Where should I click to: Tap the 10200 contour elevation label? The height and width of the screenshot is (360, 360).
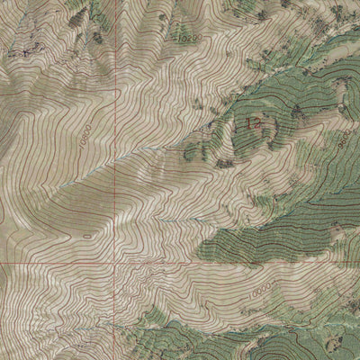point(185,39)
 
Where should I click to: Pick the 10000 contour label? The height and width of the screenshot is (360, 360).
point(260,293)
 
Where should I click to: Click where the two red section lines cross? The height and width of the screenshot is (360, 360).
point(115,264)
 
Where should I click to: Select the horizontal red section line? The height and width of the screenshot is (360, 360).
point(225,264)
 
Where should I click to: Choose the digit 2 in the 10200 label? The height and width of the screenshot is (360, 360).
point(184,39)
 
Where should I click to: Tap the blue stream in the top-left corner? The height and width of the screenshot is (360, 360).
point(18,18)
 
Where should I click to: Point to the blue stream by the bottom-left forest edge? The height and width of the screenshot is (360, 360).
point(135,324)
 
